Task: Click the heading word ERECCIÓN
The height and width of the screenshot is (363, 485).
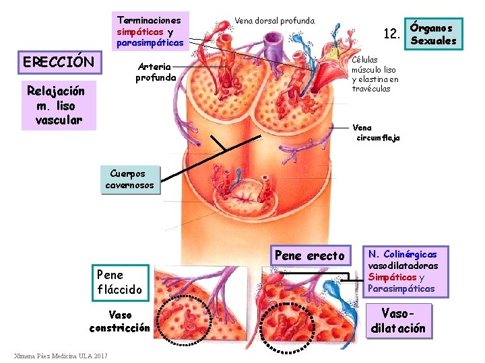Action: click(x=59, y=63)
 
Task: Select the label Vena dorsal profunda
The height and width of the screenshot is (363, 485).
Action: click(x=274, y=20)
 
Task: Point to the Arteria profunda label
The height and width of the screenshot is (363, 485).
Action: click(x=156, y=72)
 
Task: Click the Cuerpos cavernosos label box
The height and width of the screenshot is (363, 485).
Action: click(x=129, y=179)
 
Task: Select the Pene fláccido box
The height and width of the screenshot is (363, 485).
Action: click(x=120, y=282)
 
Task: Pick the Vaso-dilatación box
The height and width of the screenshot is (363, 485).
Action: click(x=398, y=321)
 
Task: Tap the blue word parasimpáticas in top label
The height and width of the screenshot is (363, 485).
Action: click(x=150, y=43)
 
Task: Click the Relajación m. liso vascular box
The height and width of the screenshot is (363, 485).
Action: click(x=56, y=106)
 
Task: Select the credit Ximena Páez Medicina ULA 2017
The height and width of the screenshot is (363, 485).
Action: click(x=61, y=355)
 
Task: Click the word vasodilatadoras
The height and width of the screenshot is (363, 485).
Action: click(x=403, y=266)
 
